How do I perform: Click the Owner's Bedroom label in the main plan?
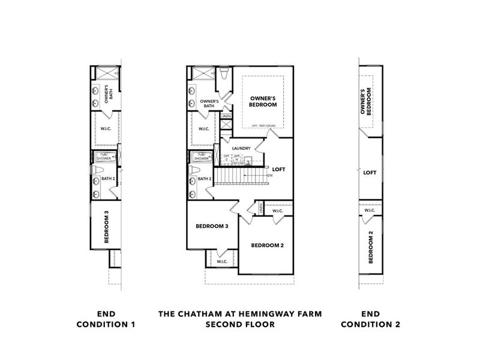coord(263,100)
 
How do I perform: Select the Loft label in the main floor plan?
coord(278,169)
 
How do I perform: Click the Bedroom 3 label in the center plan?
coord(212,226)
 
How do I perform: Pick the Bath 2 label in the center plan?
coord(205,179)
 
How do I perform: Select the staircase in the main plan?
coord(241,176)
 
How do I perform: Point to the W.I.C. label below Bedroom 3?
coord(221,261)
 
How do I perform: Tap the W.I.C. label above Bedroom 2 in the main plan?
coord(277,211)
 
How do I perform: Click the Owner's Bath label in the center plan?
coord(209,103)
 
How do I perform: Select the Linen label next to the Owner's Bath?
coord(226,116)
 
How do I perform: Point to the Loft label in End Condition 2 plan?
coord(370,172)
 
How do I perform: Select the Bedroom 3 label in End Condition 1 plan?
coord(106,226)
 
